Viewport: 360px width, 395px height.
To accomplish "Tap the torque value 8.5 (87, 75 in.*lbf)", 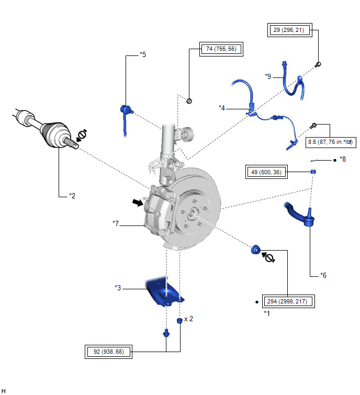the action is point(330,142).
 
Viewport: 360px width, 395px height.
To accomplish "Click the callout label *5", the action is point(143,54).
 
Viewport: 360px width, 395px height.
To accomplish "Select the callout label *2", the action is point(72,196).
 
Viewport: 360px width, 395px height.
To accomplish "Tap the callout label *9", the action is point(268,76).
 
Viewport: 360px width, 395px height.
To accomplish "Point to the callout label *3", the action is point(118,288).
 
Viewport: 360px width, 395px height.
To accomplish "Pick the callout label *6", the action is point(323,275).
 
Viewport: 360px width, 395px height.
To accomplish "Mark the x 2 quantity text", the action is point(188,319).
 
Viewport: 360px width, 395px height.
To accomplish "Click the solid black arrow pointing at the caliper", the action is point(138,202).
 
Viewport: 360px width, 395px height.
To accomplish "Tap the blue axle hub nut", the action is point(255,250).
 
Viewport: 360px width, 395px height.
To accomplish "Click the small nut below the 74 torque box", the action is point(189,101).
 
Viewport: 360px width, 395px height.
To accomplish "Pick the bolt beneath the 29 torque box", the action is point(318,65).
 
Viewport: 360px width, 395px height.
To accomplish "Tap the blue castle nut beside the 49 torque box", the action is point(313,172).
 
